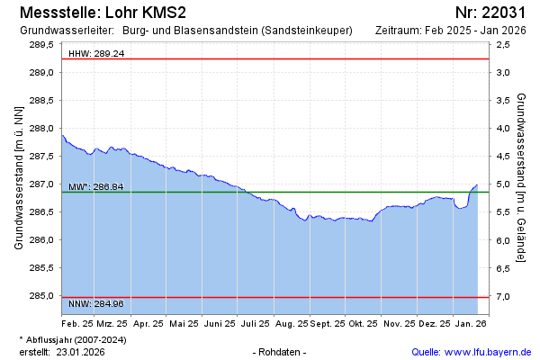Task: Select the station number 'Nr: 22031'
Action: tap(490, 13)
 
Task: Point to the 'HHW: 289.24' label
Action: tap(96, 54)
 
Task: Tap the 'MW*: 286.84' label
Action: tap(96, 187)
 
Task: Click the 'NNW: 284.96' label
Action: tap(96, 303)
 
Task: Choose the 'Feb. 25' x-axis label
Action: tap(77, 322)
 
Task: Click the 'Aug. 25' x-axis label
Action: tap(292, 322)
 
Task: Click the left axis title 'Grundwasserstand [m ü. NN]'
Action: tap(19, 176)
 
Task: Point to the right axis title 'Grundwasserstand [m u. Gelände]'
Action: tap(522, 176)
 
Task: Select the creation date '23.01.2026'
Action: tap(81, 352)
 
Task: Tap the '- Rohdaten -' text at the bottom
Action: tap(281, 352)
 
